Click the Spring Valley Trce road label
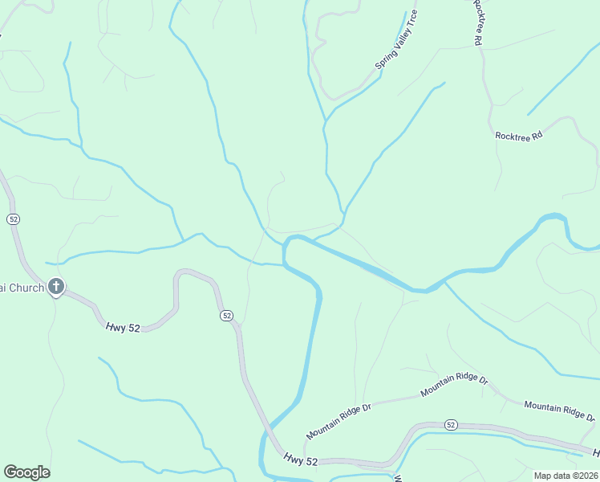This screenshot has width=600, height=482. pos(396,39)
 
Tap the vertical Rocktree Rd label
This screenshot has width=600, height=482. pos(478,22)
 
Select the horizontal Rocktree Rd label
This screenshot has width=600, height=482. pos(519,136)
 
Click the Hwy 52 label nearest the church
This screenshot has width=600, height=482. pos(123,326)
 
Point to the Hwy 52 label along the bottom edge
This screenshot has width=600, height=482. pos(301,459)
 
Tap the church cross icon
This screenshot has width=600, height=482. pos(56,286)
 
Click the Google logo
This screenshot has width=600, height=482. pos(26,472)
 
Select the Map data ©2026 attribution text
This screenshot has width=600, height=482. pos(566,475)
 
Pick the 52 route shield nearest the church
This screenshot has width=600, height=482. pos(13,219)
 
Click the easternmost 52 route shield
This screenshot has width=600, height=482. pos(451,424)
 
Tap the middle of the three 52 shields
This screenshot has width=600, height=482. pos(227,316)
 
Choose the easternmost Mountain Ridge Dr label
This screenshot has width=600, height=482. pos(560,411)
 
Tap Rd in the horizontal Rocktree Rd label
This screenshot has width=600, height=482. pos(537,136)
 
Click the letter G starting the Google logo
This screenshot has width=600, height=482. pos(10,472)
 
